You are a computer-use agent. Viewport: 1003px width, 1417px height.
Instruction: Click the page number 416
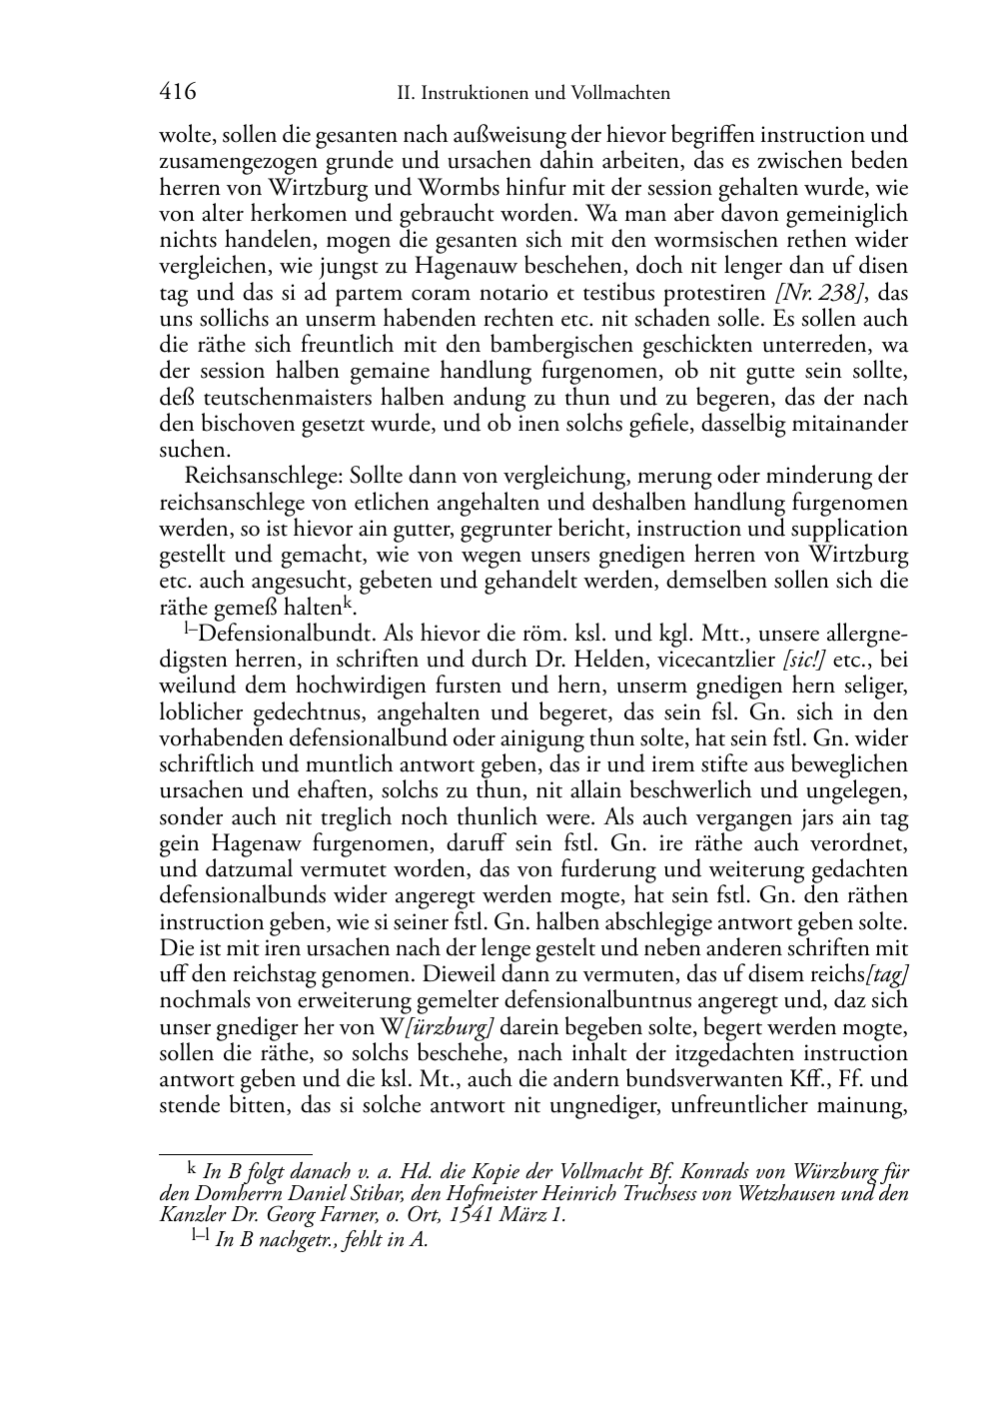[177, 92]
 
